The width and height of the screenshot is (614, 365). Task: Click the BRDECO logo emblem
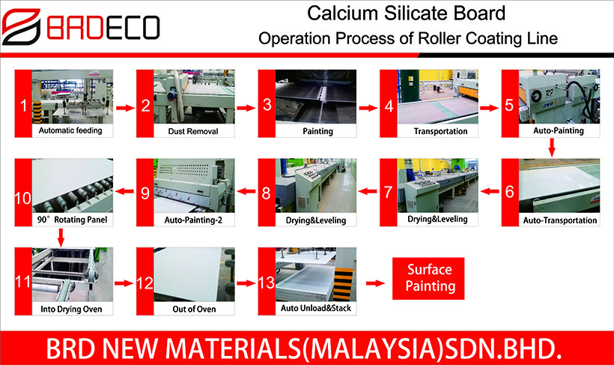(22, 27)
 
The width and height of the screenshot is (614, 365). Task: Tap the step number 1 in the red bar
(23, 106)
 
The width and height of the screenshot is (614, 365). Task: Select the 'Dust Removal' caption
(193, 131)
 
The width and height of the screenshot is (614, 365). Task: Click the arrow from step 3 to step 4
(368, 108)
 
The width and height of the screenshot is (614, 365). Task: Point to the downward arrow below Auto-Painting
(552, 148)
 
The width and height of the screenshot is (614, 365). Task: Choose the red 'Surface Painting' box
(428, 278)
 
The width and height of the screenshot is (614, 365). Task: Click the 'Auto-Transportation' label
(560, 220)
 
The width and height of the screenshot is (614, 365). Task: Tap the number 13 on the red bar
(267, 283)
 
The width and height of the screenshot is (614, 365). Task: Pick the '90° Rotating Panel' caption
(72, 220)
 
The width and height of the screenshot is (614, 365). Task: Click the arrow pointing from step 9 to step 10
(125, 191)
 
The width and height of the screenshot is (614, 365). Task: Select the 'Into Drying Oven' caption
(71, 309)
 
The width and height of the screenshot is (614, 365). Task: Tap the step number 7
(388, 192)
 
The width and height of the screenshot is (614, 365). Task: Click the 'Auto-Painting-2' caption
(193, 220)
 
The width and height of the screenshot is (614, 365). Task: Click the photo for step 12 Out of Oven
(194, 274)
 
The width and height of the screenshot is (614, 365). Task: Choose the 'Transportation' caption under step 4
(440, 131)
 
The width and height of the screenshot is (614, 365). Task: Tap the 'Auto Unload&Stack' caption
(316, 308)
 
